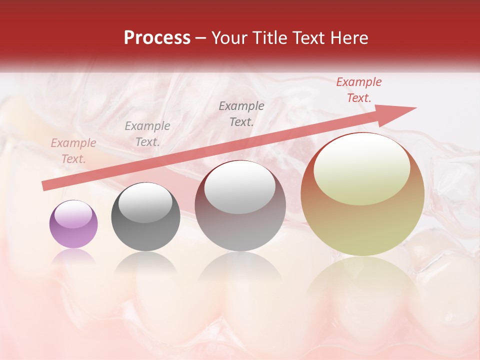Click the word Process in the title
tap(157, 38)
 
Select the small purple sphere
tap(73, 224)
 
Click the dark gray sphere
tap(145, 217)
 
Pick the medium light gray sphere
tap(240, 206)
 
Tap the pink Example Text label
tap(73, 151)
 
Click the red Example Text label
tap(359, 90)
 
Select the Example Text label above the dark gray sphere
tap(147, 134)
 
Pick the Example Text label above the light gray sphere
tap(241, 113)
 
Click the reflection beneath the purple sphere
tap(73, 256)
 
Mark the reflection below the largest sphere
tap(362, 280)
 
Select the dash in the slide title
tap(201, 38)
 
